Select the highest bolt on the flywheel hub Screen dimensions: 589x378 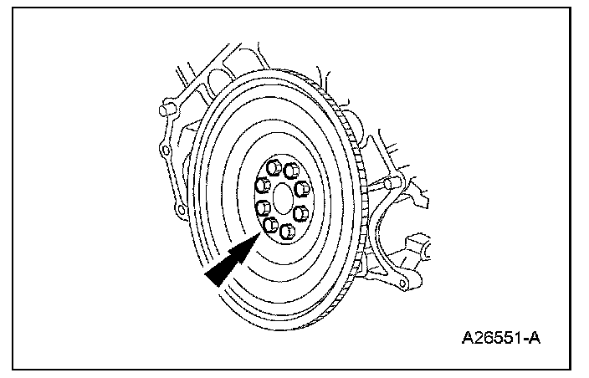[x=275, y=164]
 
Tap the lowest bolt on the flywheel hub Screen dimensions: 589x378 [x=286, y=230]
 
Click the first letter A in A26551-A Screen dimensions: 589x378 [x=467, y=339]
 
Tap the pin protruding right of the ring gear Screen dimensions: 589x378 [x=392, y=183]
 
